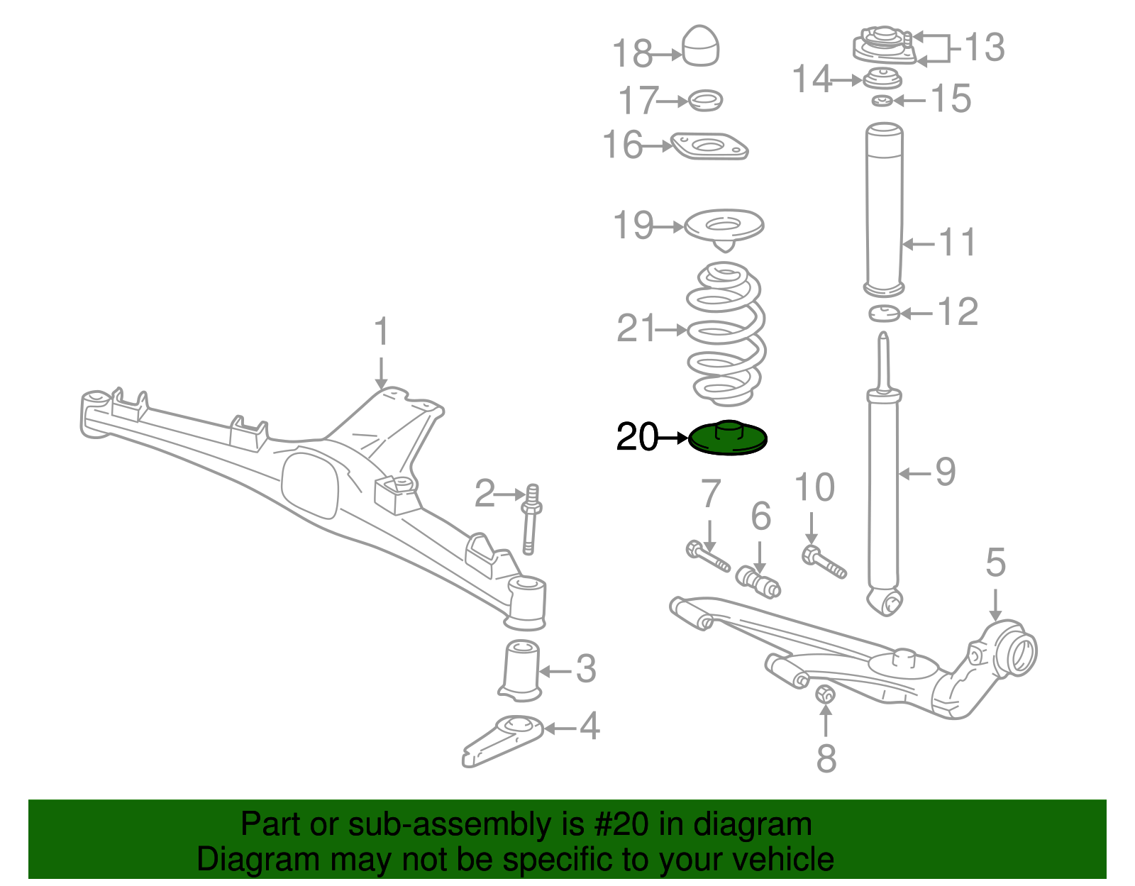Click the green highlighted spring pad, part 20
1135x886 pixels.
click(728, 438)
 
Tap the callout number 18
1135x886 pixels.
click(633, 54)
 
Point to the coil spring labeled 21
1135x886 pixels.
click(726, 333)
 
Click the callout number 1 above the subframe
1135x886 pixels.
click(382, 331)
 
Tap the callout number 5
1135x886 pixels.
click(995, 563)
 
